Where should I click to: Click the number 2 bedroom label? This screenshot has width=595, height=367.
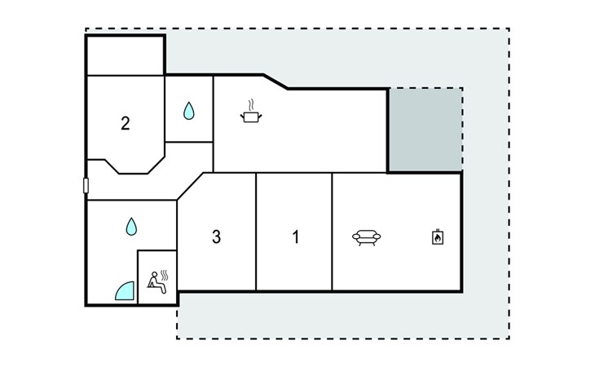125,124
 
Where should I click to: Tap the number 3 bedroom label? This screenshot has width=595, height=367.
216,237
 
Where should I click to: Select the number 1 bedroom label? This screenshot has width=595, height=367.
296,237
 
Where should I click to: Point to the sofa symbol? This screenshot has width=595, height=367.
366,237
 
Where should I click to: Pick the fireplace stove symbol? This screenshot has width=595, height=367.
437,237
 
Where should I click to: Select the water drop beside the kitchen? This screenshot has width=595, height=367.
189,111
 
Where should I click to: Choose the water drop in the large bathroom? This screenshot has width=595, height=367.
131,226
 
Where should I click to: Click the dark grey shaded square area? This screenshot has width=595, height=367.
424,130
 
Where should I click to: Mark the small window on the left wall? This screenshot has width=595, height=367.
86,186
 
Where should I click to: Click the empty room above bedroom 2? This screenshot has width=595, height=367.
126,55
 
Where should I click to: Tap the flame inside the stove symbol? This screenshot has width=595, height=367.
437,239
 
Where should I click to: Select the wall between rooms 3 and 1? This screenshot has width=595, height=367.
256,232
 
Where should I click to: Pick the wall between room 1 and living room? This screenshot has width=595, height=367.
332,232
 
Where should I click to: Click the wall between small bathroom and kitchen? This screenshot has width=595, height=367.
213,110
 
